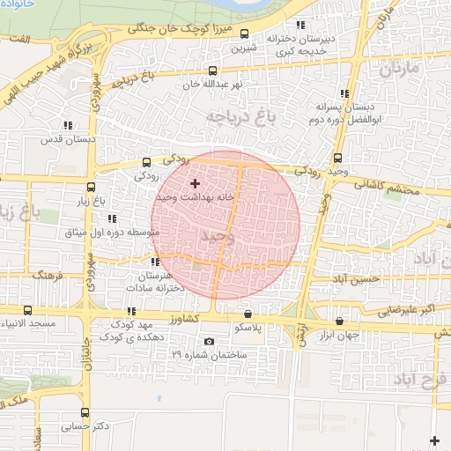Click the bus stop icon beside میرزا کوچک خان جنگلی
point(244,34)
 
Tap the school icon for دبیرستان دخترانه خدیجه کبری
point(300,26)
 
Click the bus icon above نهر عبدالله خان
point(211,70)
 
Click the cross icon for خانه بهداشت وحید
point(195,183)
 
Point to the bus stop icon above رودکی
point(146,162)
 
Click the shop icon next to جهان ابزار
point(340,321)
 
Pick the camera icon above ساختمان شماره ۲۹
point(209,342)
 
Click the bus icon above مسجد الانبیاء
point(27,310)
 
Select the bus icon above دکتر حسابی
point(84,412)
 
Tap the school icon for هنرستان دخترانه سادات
point(155,262)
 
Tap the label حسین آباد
point(357,278)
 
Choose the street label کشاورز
point(187,318)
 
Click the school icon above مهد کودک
point(131,311)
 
